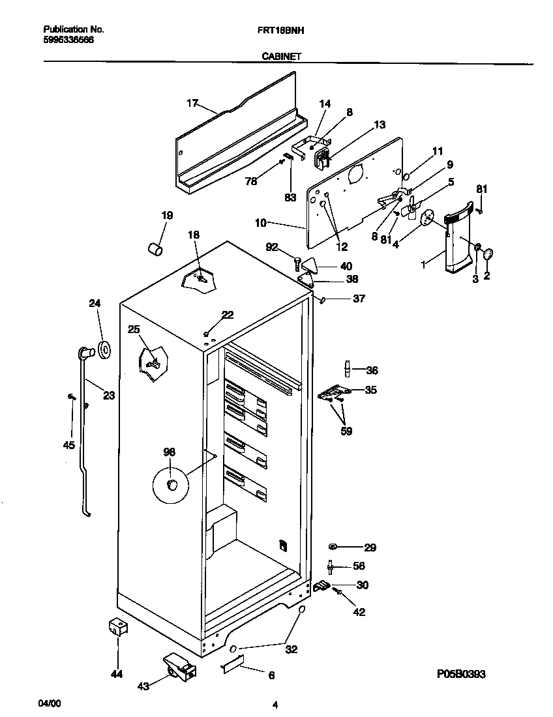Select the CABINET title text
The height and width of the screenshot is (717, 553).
tap(281, 57)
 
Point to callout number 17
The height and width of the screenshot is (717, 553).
tap(192, 103)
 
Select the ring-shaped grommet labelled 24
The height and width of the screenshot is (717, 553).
tap(103, 349)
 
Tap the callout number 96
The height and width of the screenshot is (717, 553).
tap(169, 452)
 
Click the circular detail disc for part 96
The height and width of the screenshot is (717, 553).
tap(170, 484)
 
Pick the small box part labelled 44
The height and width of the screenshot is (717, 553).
tap(117, 628)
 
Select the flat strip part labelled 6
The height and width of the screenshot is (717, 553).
tap(233, 666)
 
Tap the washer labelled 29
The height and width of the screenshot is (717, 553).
tap(334, 547)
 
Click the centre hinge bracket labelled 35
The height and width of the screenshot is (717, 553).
tap(333, 392)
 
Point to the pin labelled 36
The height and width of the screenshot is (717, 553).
tap(348, 370)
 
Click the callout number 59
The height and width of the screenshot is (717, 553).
tap(346, 431)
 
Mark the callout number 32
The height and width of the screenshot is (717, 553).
tap(291, 649)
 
